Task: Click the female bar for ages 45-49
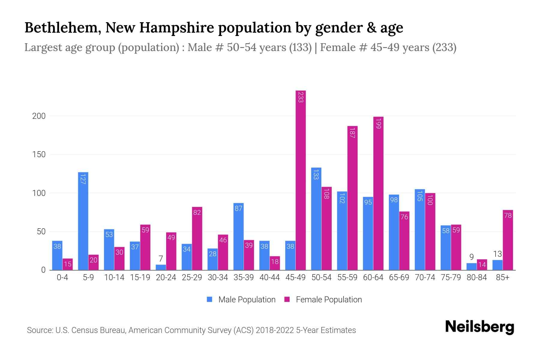tap(301, 180)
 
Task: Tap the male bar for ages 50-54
tap(316, 219)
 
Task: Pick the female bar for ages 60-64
tap(378, 193)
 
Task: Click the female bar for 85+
tap(508, 240)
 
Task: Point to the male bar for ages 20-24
tap(161, 267)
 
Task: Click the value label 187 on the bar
tap(352, 133)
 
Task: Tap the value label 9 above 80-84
tap(472, 257)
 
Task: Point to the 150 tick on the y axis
tap(39, 154)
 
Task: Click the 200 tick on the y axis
tap(39, 116)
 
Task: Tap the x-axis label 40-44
tap(269, 277)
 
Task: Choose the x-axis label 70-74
tap(425, 277)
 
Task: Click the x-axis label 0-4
tap(62, 277)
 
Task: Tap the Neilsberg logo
tap(479, 327)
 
